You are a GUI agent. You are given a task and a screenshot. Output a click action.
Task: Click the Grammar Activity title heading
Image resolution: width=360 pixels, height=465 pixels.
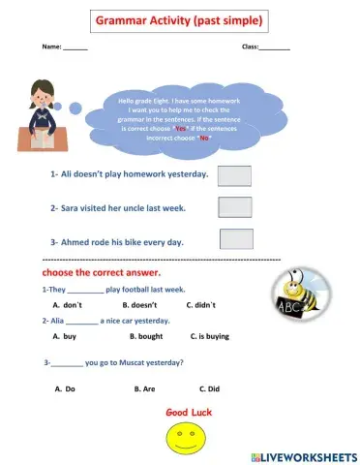click(179, 20)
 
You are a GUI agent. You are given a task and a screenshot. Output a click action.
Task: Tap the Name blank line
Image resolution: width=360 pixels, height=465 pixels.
click(75, 46)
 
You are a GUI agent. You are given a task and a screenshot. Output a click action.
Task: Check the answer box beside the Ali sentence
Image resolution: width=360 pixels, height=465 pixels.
click(235, 175)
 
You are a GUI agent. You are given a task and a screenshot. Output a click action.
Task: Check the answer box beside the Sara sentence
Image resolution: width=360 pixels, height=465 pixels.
click(235, 207)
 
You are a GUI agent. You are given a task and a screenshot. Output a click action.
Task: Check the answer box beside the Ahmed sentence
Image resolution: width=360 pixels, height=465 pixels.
click(236, 239)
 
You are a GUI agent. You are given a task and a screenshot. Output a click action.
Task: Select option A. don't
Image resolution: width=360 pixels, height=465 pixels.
click(66, 304)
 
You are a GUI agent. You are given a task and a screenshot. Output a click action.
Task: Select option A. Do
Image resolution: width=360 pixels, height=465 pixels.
click(65, 388)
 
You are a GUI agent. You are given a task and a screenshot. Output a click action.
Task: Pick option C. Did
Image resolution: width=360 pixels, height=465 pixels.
click(208, 388)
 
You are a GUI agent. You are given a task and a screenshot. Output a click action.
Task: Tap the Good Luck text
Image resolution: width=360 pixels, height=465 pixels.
click(189, 412)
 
